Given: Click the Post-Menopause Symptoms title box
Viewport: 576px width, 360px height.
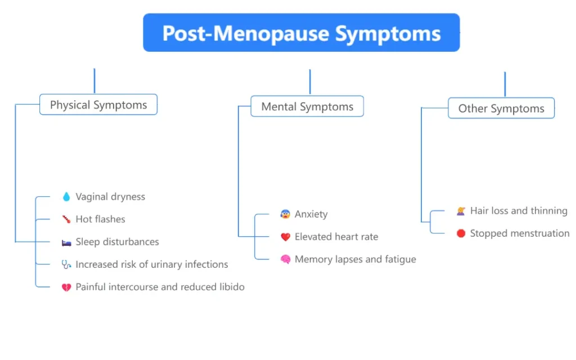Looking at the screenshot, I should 301,33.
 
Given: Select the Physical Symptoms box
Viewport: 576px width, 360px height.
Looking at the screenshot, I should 98,105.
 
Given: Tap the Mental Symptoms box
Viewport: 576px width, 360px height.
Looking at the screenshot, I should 307,107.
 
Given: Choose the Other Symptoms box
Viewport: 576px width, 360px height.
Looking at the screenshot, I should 501,109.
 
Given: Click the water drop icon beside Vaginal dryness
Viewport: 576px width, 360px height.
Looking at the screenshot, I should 66,197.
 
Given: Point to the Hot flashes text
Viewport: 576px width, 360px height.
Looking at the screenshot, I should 100,219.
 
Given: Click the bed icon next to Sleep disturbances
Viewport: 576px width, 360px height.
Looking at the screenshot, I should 66,242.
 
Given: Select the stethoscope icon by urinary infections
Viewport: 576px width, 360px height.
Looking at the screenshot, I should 66,264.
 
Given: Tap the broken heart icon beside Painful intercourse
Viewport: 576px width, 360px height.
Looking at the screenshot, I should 66,287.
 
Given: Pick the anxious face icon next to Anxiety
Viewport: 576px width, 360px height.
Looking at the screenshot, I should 286,214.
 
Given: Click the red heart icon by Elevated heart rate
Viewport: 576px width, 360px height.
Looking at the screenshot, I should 286,237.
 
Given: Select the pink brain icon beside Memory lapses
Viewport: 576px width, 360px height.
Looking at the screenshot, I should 286,260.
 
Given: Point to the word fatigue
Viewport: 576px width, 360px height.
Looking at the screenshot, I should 399,259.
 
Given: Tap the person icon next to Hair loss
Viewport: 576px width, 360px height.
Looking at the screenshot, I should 461,211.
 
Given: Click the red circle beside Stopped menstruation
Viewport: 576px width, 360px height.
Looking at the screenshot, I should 461,233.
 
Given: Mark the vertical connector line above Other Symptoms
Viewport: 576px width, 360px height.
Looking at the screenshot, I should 505,84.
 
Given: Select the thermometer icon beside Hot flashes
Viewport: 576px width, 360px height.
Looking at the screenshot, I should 66,219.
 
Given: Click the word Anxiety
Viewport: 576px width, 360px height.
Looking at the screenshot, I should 311,214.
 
